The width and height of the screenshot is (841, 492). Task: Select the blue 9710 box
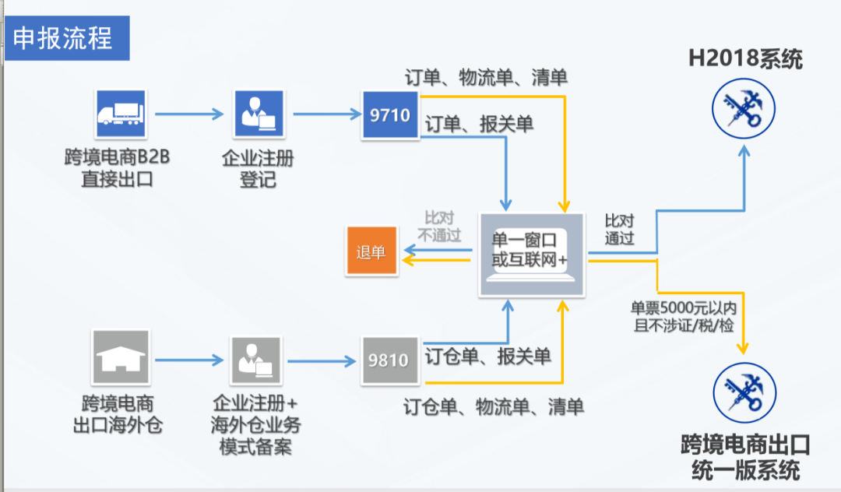point(390,115)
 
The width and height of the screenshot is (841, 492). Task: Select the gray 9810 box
point(389,360)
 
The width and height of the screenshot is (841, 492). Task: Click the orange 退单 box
point(371,252)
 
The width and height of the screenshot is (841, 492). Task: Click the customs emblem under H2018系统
point(744,107)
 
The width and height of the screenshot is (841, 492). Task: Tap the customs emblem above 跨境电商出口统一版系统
point(744,394)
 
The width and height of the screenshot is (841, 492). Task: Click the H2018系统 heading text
point(744,58)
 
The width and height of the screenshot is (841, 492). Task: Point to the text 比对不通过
point(439,227)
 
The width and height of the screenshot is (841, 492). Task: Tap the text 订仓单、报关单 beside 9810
point(487,357)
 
